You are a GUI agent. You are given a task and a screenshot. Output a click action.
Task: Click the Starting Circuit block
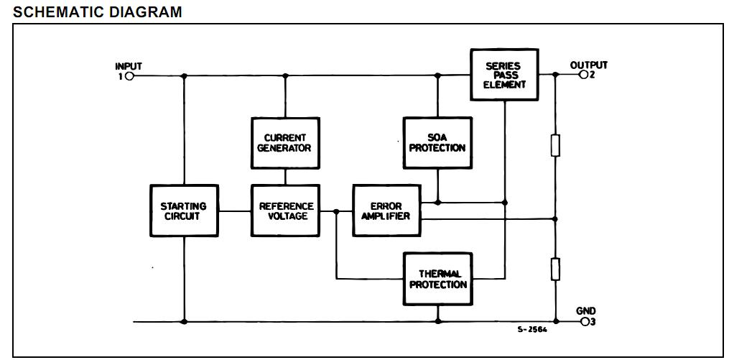tap(184, 211)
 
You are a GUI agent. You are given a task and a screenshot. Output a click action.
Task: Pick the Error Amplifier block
tap(386, 211)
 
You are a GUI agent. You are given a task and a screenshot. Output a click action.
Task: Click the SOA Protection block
tap(437, 143)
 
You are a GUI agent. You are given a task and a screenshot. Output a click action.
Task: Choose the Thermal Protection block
tap(437, 279)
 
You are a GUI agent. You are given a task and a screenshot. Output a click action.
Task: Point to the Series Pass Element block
tap(505, 75)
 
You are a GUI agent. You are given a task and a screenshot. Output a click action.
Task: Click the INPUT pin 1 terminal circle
tap(129, 76)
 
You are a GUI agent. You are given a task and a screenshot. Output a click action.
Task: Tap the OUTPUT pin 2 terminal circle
tap(583, 75)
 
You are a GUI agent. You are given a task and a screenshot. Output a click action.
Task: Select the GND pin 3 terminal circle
tap(585, 321)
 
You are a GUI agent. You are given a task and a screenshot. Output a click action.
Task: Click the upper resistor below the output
tap(555, 146)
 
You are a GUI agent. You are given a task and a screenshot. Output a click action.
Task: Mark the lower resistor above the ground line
tap(555, 270)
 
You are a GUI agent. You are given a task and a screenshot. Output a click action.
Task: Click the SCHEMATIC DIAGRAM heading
tap(98, 12)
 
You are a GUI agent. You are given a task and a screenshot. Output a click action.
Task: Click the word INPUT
tap(129, 66)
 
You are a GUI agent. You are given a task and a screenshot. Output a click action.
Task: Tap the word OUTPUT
tap(588, 65)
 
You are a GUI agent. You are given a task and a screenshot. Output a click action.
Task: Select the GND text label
tap(585, 311)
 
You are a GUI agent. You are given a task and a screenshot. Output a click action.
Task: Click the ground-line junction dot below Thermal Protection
tap(437, 321)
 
